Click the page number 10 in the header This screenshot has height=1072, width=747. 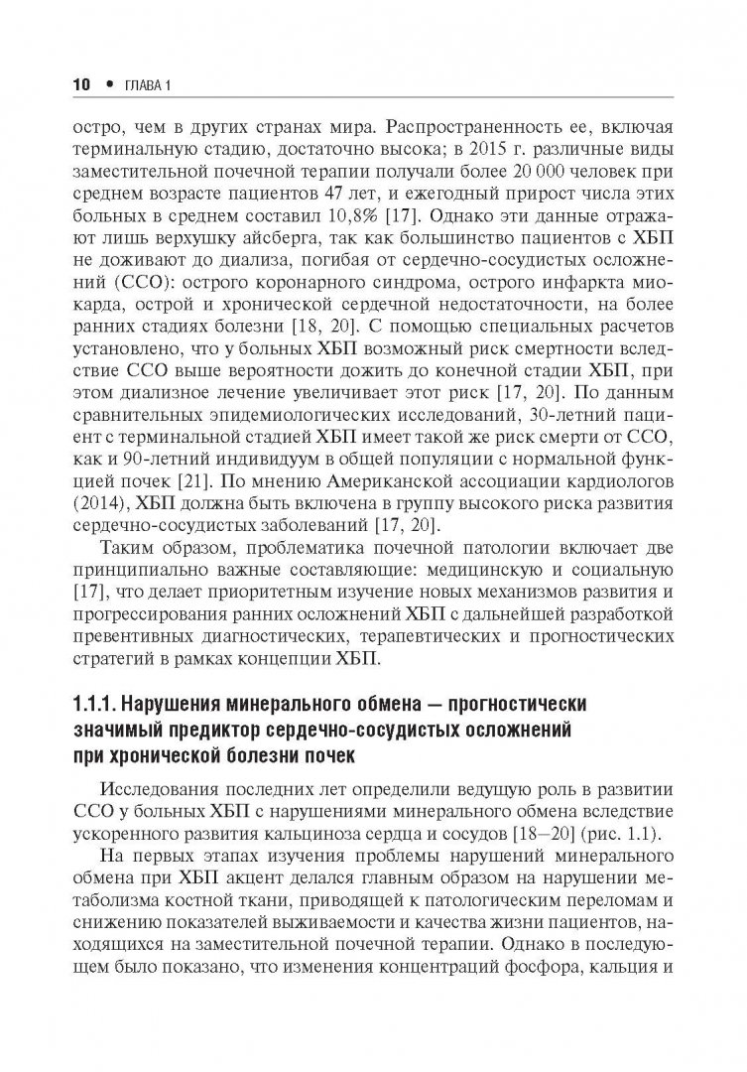78,86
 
